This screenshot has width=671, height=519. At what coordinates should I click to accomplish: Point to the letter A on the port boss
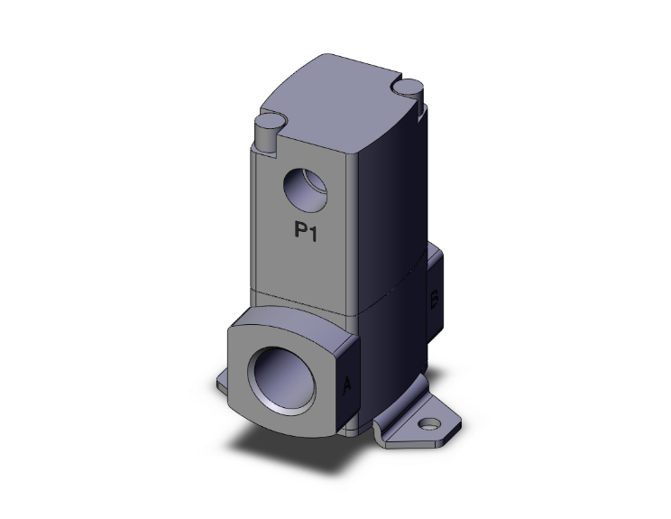click(348, 386)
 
